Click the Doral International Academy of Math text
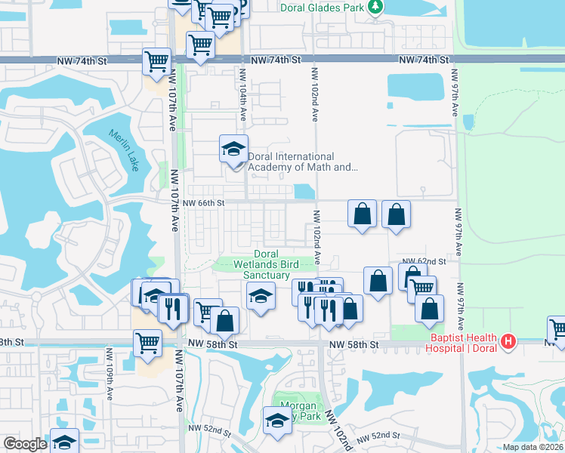(x=302, y=162)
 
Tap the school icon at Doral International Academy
(x=233, y=149)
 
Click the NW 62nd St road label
(x=424, y=260)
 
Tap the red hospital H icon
(x=509, y=342)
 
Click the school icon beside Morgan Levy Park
(x=276, y=421)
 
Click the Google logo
(x=25, y=444)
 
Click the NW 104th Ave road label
(x=243, y=94)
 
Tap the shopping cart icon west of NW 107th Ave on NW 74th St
(x=156, y=61)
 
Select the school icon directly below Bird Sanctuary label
(x=259, y=297)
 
